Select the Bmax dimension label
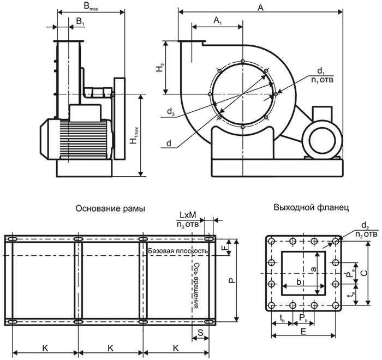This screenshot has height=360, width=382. (90, 7)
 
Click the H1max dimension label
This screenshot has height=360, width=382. (134, 136)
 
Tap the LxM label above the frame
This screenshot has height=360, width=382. (187, 215)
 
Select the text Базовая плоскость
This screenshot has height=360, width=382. (178, 251)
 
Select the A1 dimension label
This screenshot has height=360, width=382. (217, 20)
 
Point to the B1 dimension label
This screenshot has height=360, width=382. (80, 21)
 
